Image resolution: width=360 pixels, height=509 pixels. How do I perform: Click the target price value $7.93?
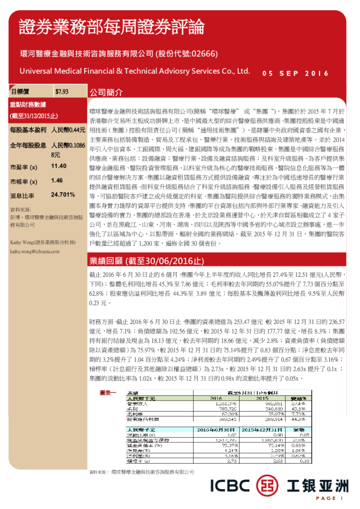[61, 92]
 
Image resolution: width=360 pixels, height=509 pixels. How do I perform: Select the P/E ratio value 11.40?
[59, 165]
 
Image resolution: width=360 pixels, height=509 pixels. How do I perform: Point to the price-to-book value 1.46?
[57, 180]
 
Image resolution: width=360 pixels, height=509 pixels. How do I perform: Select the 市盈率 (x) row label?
[24, 166]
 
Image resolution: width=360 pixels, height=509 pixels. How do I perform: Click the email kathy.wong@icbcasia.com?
[33, 251]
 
